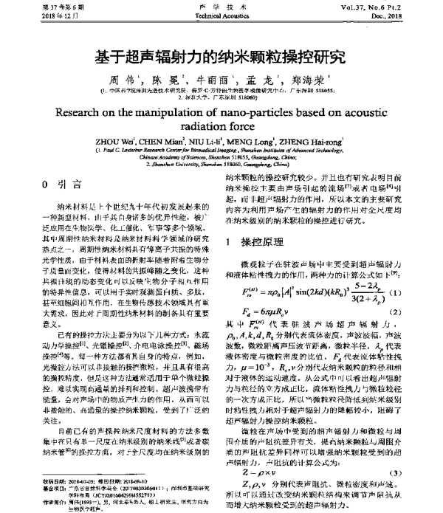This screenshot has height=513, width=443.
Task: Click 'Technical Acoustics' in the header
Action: click(x=221, y=15)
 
